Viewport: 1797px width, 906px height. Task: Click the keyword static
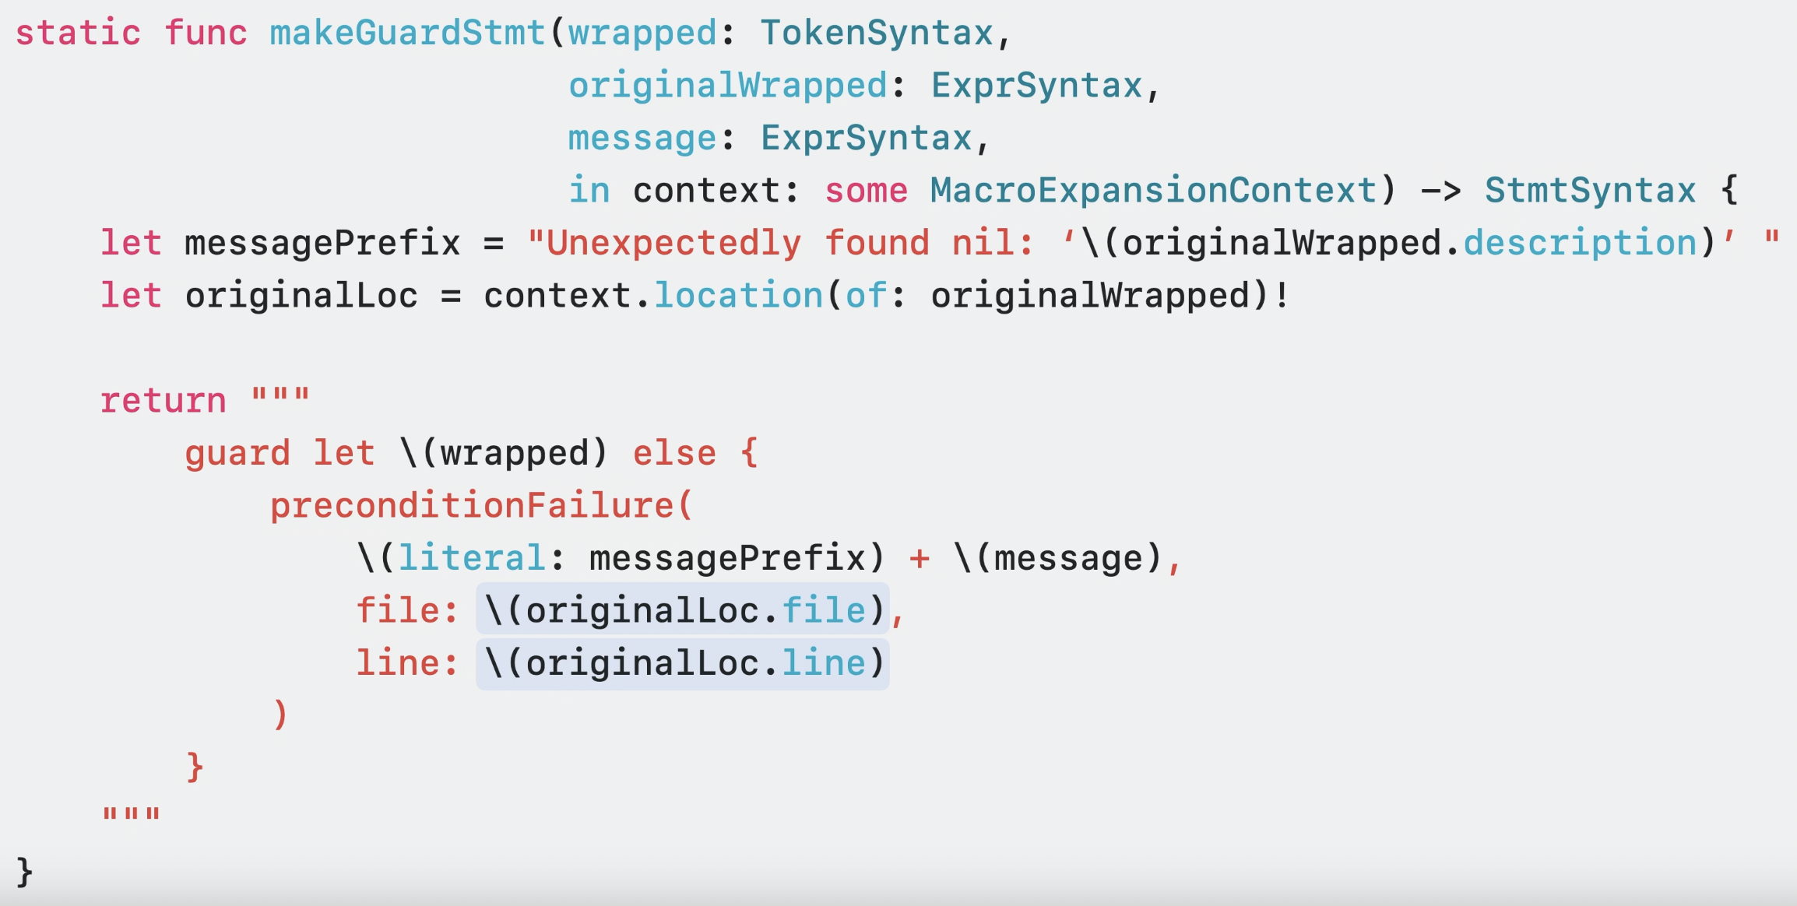[78, 33]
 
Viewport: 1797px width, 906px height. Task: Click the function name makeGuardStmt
[406, 33]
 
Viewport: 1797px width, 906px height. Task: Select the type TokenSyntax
[877, 33]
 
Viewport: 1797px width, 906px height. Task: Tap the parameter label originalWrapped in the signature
[728, 86]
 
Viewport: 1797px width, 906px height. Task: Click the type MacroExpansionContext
[1153, 191]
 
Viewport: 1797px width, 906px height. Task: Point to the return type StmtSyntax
[1590, 191]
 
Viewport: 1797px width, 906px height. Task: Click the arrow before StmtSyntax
[1441, 191]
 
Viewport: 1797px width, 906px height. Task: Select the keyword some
[866, 191]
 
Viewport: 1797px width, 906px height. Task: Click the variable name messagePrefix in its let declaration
[322, 244]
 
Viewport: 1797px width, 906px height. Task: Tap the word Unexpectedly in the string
[673, 244]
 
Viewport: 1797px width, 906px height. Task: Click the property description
[1580, 244]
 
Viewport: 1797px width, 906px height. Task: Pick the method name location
[738, 296]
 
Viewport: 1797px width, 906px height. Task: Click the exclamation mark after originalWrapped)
[1282, 296]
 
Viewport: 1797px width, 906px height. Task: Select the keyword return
[164, 401]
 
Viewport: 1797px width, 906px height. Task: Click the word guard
[237, 454]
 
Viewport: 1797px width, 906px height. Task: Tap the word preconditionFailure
[472, 506]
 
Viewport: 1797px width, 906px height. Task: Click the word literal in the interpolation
[472, 559]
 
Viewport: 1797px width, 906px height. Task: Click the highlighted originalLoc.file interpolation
[683, 611]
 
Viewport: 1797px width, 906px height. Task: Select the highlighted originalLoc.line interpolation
[683, 664]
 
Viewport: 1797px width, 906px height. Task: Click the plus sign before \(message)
[920, 559]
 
